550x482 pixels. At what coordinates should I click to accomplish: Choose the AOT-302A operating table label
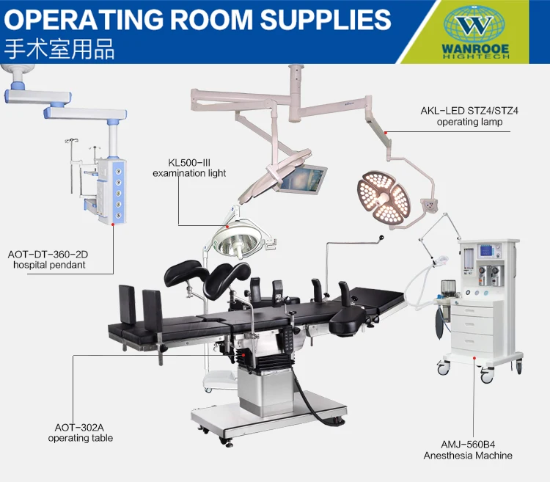tap(81, 432)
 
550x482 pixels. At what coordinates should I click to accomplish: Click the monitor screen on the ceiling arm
tap(301, 180)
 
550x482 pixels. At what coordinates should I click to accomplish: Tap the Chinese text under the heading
tap(59, 51)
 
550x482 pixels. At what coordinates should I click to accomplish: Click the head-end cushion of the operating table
tap(351, 316)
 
